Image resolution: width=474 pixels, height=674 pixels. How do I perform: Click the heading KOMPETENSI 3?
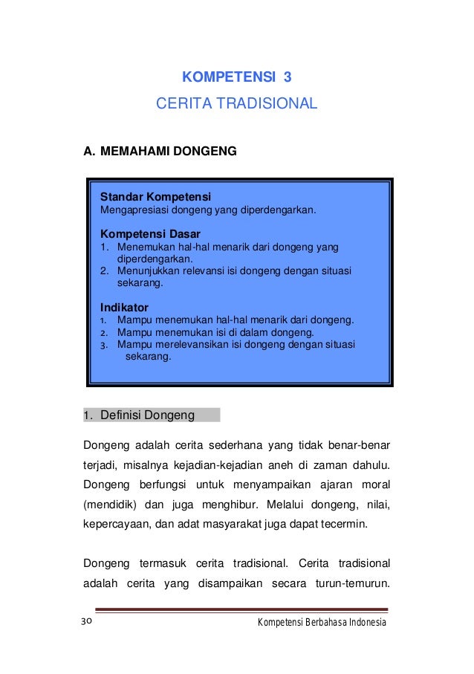236,77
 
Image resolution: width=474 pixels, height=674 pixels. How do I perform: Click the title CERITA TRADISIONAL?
236,103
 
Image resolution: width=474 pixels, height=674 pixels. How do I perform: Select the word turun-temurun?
353,583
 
